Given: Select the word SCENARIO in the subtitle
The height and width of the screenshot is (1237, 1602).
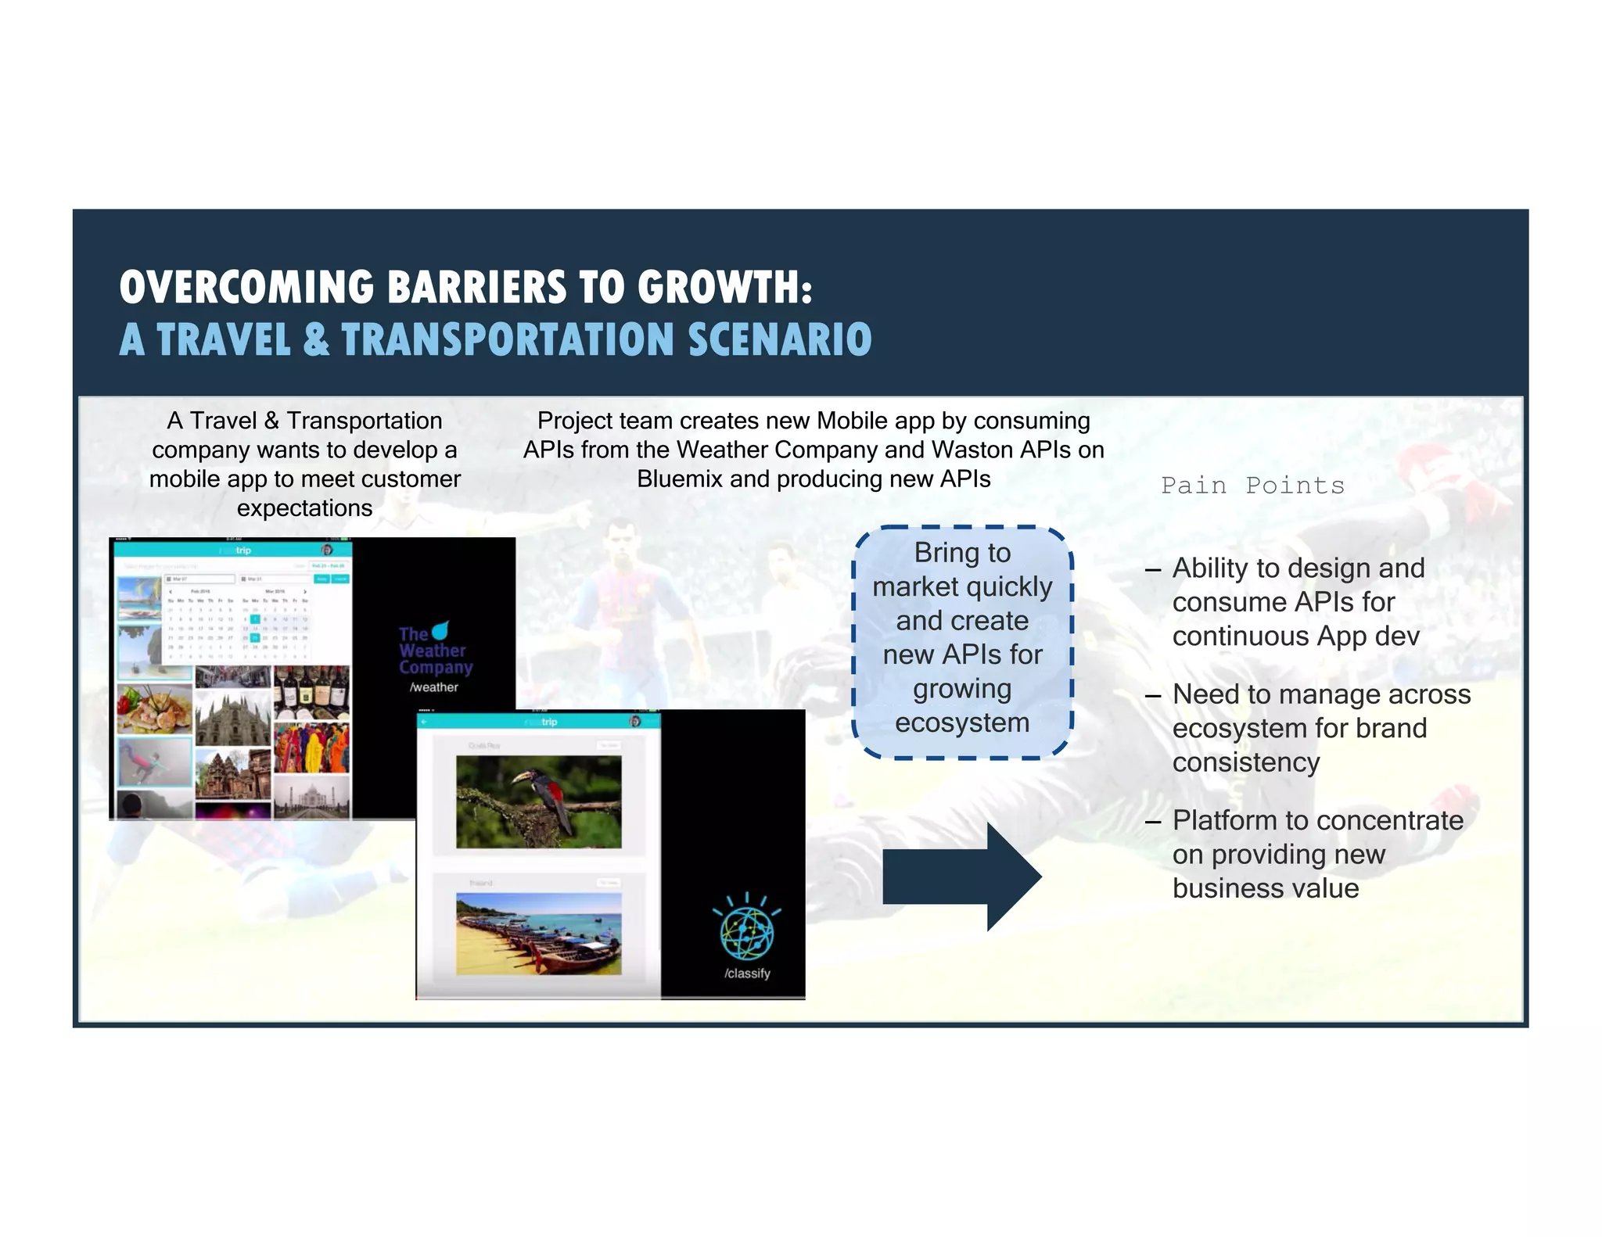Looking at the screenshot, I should (780, 340).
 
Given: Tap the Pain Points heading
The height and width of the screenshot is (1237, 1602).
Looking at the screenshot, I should (1252, 486).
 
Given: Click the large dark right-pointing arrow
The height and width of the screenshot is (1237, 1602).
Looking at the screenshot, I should (962, 877).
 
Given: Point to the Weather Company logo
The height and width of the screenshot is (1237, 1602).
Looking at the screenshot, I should (435, 649).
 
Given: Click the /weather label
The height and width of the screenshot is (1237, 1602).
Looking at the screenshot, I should (434, 687).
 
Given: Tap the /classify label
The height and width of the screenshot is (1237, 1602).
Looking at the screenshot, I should (747, 973).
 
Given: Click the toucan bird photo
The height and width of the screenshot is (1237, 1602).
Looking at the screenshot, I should (538, 801).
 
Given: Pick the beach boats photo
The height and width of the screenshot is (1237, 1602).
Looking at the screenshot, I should (538, 934).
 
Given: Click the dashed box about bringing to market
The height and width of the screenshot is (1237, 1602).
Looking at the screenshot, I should (962, 641).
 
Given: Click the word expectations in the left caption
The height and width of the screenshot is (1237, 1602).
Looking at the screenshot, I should (304, 508).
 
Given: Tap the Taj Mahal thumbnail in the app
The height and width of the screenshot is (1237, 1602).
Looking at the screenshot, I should (311, 798).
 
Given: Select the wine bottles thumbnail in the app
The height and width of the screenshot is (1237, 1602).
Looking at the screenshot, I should (311, 691).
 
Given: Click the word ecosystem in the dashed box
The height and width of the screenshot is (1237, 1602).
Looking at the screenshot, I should (962, 723).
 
